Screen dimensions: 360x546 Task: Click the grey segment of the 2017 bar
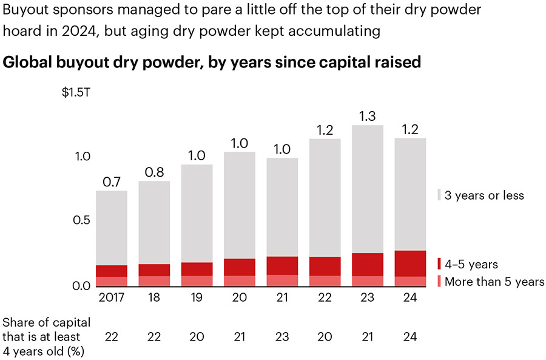point(112,228)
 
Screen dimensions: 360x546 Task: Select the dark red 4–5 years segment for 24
point(409,263)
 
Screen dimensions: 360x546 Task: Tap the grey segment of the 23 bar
point(368,189)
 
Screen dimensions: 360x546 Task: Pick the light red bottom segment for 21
point(282,280)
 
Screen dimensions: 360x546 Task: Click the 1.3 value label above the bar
point(368,115)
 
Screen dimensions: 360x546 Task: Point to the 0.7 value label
point(112,180)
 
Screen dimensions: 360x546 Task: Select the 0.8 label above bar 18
point(154,171)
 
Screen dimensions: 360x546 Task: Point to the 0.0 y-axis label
point(81,285)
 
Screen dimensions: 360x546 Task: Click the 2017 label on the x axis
point(112,297)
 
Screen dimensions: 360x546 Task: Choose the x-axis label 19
point(197,297)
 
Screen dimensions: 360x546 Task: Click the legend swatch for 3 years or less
point(439,195)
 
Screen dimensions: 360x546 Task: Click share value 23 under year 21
point(282,336)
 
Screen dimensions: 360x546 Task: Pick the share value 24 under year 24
point(409,336)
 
